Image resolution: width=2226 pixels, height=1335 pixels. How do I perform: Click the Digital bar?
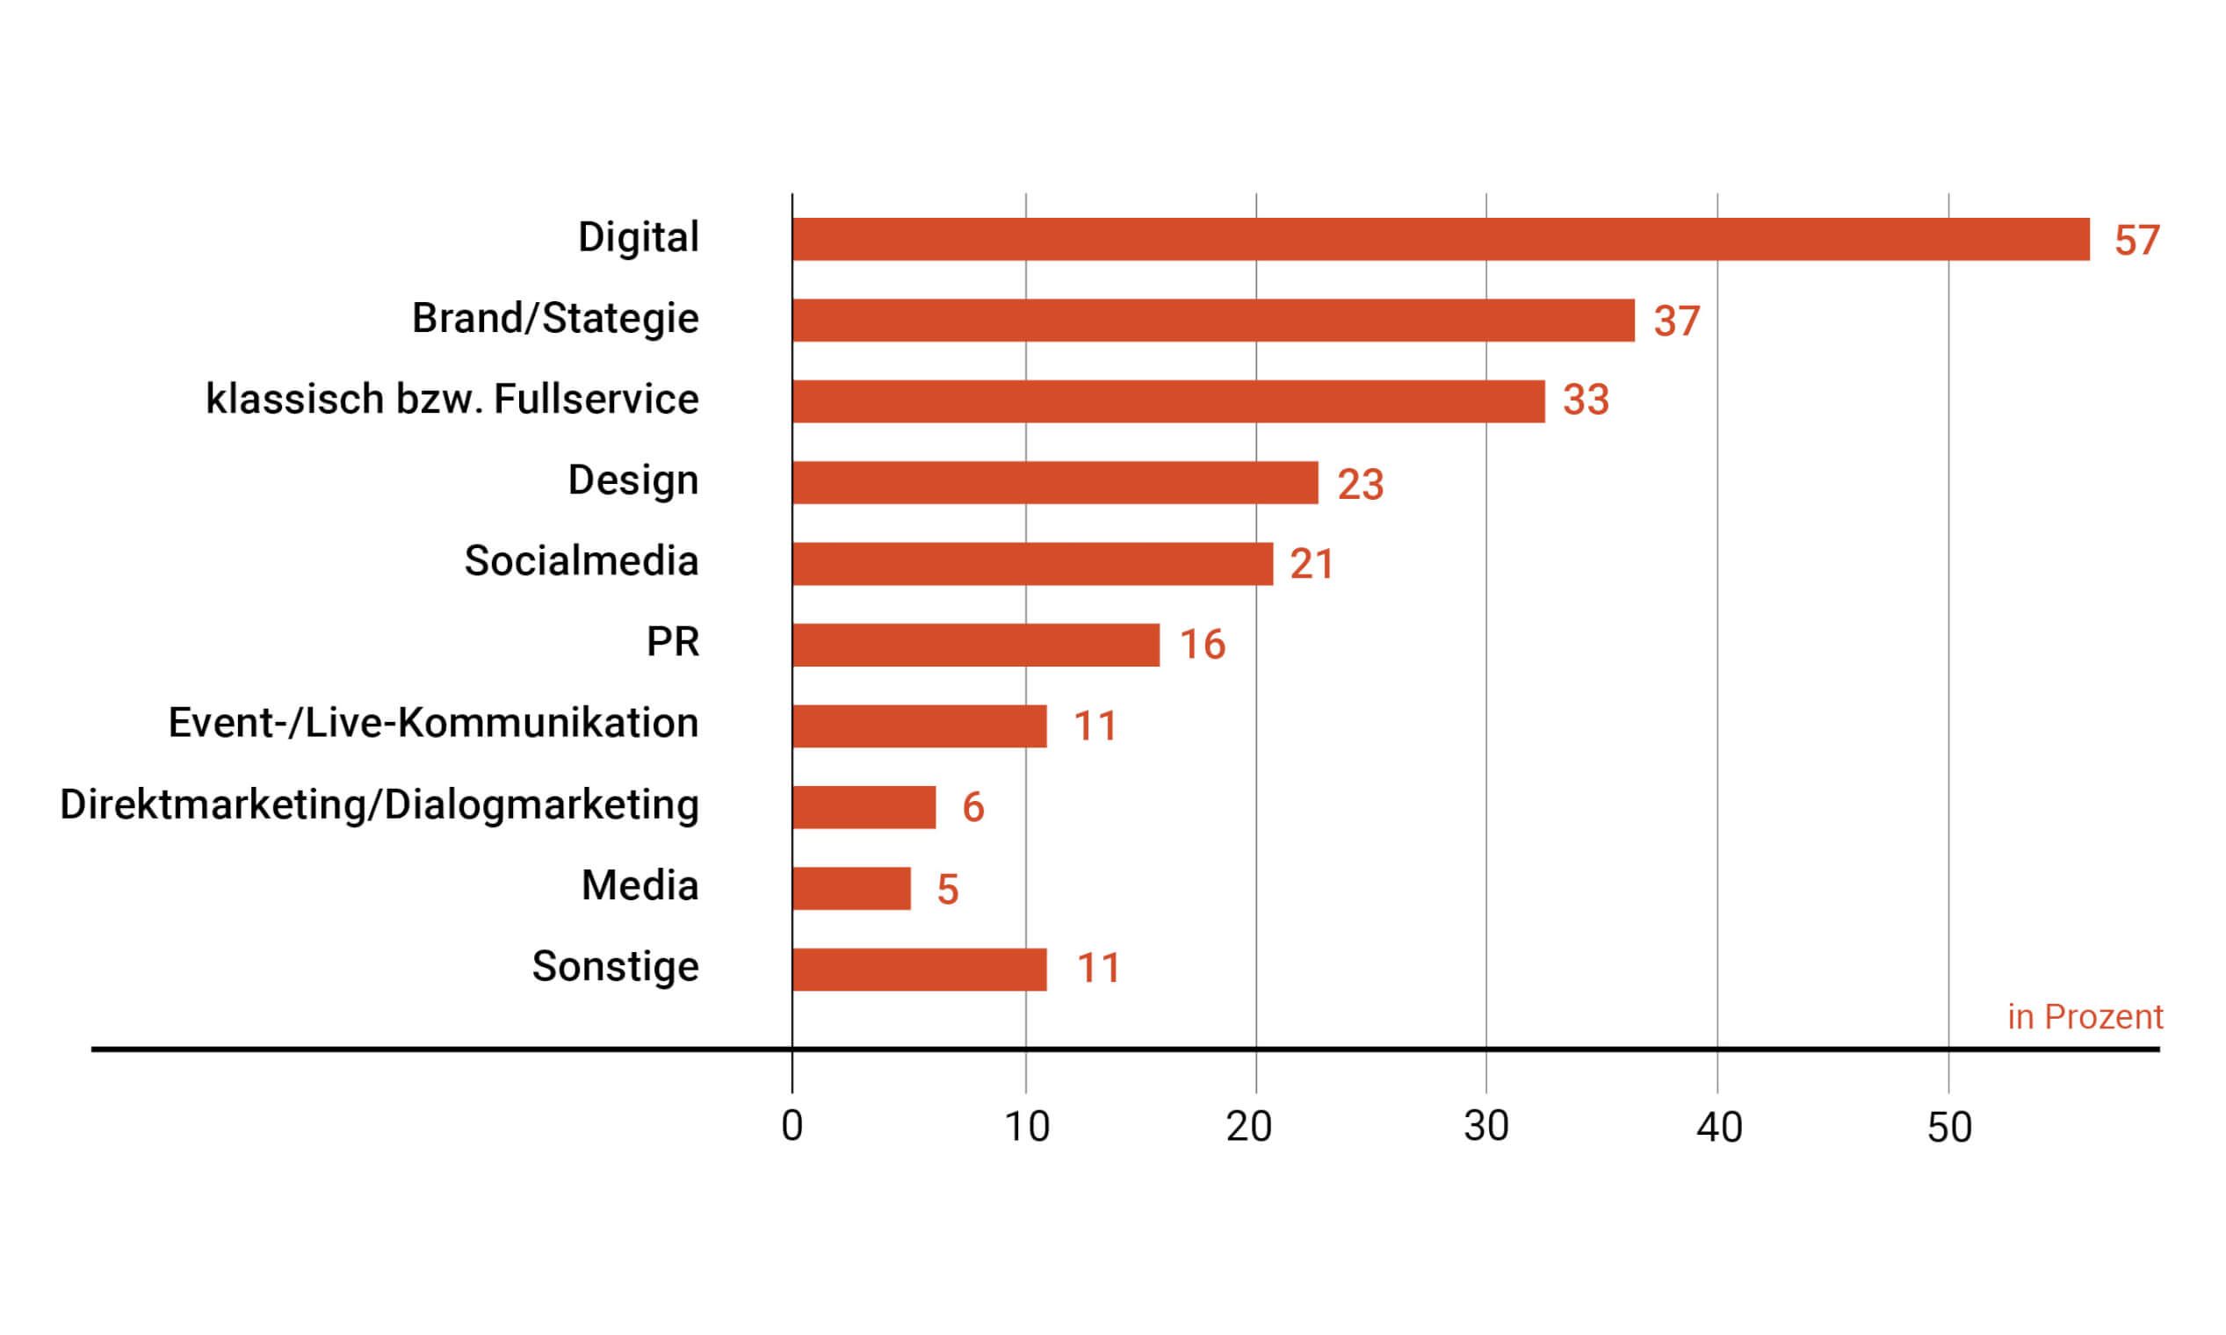[x=1440, y=239]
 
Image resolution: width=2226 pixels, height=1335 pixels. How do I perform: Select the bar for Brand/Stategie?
[x=1213, y=321]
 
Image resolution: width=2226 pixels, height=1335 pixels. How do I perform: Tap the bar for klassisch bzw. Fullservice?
[x=1167, y=401]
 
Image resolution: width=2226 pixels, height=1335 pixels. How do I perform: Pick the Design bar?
[x=1054, y=482]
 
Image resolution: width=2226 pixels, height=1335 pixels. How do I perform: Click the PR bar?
[x=975, y=645]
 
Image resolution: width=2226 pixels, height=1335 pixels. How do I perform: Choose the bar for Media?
[x=851, y=888]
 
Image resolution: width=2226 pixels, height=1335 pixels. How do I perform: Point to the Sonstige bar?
[x=920, y=969]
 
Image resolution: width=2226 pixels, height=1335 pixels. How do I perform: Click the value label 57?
[x=2136, y=242]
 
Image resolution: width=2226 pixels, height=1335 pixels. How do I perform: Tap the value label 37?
[x=1676, y=322]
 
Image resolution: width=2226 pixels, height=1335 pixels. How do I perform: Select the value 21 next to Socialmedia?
[x=1311, y=565]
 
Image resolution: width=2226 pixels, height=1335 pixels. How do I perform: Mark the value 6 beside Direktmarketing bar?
[x=972, y=807]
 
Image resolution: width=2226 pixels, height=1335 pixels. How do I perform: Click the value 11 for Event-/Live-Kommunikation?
[x=1095, y=726]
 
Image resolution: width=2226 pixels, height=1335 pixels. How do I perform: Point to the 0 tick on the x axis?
[x=791, y=1126]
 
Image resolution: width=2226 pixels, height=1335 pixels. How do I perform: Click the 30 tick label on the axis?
[x=1485, y=1126]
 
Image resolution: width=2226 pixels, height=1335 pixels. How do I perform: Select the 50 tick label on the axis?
[x=1949, y=1126]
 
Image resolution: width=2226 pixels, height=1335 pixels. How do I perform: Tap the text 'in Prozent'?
[x=2085, y=1016]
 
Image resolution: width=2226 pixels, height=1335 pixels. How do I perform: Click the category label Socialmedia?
[x=582, y=561]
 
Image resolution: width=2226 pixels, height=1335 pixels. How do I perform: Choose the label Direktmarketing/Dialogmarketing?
[x=379, y=805]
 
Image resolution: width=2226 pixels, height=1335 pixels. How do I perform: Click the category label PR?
[x=672, y=642]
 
